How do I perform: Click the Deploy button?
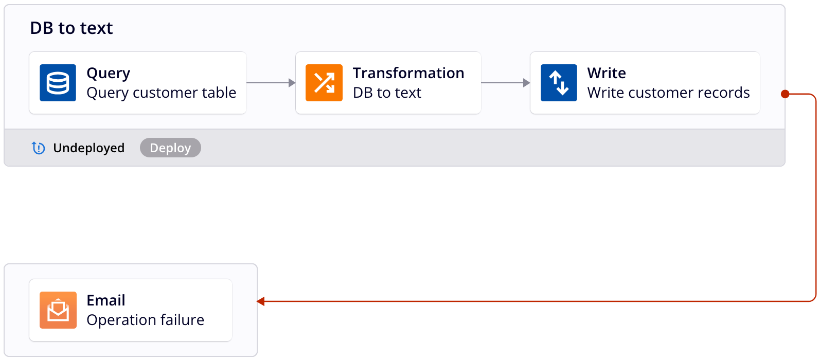tap(170, 148)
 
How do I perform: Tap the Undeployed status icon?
tap(39, 148)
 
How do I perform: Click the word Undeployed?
tap(88, 148)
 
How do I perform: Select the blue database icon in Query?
tap(58, 83)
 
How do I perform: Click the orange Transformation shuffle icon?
tap(324, 83)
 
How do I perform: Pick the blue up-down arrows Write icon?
tap(559, 83)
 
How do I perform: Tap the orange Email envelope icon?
tap(58, 310)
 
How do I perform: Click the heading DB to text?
tap(72, 28)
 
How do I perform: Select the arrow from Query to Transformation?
tap(271, 83)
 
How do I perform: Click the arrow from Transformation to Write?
tap(506, 83)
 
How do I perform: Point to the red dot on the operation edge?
tap(785, 94)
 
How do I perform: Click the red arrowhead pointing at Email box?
tap(261, 301)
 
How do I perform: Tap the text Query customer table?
tap(161, 93)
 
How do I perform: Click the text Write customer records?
tap(668, 93)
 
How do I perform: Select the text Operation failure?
tap(145, 320)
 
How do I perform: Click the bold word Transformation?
tap(408, 73)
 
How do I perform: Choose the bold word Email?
tap(106, 300)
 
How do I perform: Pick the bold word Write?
tap(607, 73)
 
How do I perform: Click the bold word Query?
tap(109, 73)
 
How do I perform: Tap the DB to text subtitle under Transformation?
tap(387, 93)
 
